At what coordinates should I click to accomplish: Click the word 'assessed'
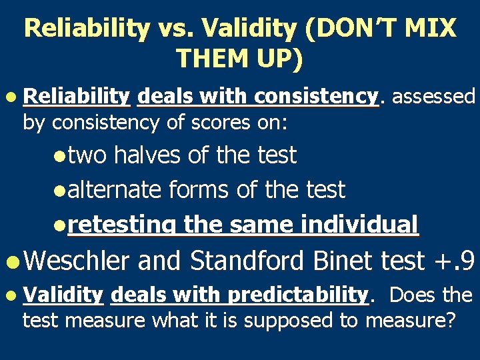[x=433, y=97]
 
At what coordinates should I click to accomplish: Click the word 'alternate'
[x=114, y=190]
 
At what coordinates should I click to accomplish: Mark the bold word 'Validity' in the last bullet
[x=63, y=295]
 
